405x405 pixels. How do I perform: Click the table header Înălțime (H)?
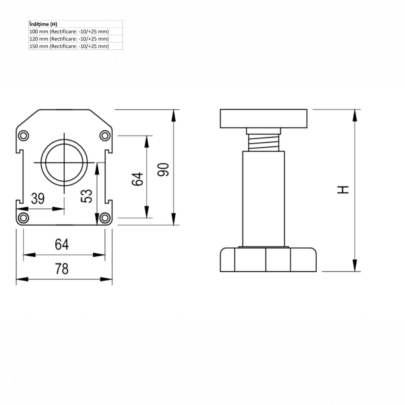click(43, 24)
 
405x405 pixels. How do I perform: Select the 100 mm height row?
click(69, 32)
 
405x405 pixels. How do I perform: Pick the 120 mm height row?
click(69, 39)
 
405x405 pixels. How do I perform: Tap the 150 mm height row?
click(69, 46)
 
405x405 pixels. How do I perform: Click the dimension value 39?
click(38, 198)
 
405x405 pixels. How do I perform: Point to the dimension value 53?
click(87, 196)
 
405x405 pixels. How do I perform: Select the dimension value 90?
click(163, 170)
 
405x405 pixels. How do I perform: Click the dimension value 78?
click(62, 269)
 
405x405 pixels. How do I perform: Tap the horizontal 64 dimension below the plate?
click(62, 245)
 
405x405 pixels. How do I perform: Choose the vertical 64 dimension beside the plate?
click(137, 179)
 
